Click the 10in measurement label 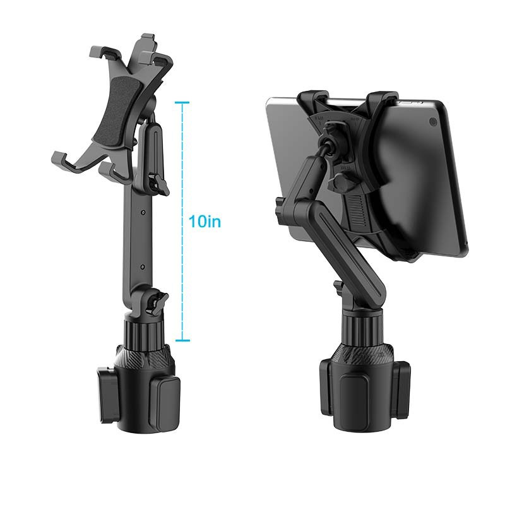pos(205,222)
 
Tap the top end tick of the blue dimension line pos(182,102)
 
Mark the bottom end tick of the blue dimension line pos(182,341)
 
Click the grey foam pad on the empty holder pos(114,107)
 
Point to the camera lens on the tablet pos(432,121)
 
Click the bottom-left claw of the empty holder pos(60,162)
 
